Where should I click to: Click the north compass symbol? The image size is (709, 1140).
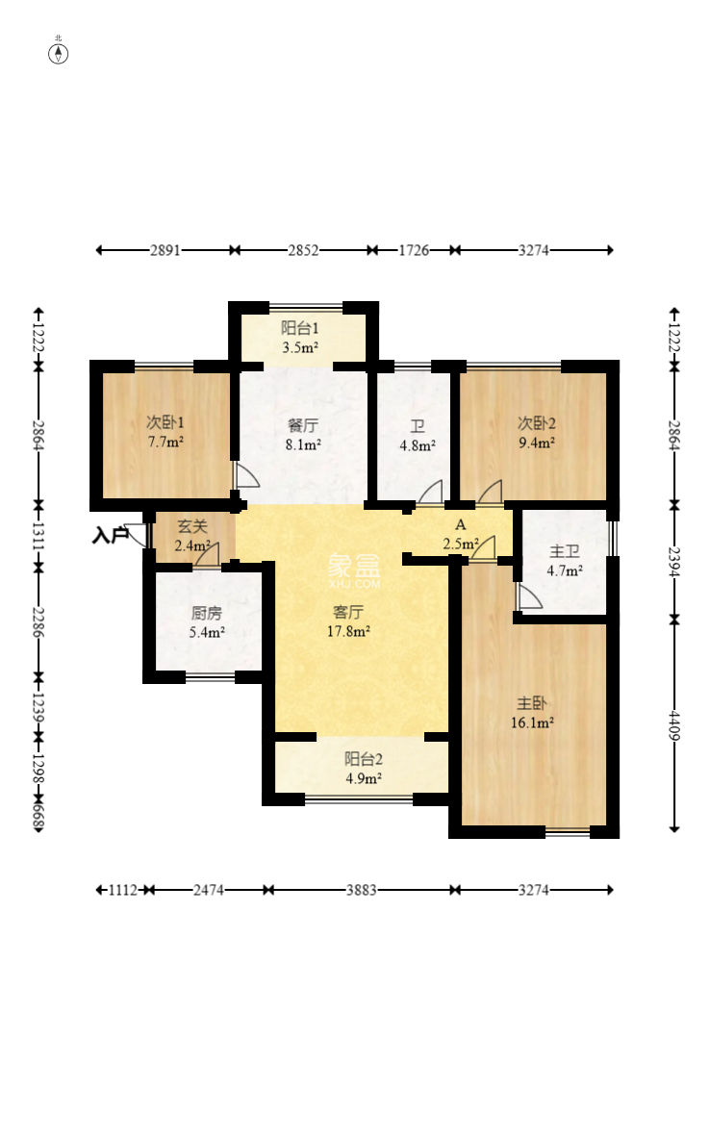coord(58,53)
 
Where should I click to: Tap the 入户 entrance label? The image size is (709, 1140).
coord(110,536)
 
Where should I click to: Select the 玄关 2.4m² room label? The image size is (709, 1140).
coord(192,535)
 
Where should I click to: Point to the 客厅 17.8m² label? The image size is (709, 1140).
coord(348,621)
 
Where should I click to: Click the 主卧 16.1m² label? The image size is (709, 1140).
coord(532,713)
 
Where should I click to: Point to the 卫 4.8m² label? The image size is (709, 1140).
coord(418,436)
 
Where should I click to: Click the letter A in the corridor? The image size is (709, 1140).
coord(460,524)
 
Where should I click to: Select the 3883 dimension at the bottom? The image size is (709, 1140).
coord(362,890)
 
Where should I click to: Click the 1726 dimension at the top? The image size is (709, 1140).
coord(414,250)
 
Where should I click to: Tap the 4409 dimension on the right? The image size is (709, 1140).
coord(674,725)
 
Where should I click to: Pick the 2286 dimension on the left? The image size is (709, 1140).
coord(38,622)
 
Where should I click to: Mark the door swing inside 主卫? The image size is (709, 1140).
coord(529,596)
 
